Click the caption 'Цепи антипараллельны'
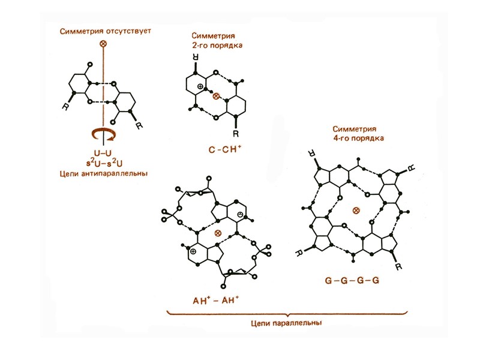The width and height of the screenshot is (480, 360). (103, 173)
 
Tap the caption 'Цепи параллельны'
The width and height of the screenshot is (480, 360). (289, 322)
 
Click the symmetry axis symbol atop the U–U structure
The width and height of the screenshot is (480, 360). (103, 44)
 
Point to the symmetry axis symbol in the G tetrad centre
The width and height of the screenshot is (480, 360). (356, 210)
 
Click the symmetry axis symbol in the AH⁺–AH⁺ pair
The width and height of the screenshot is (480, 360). (218, 232)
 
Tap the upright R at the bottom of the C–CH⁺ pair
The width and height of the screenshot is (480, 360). (236, 132)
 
